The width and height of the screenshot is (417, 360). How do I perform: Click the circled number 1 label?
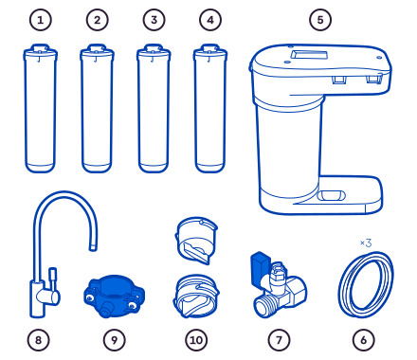41,20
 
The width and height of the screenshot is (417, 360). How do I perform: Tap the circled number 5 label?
320,20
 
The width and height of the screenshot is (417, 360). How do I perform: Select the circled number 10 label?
196,340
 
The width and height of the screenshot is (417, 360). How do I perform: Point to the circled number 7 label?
279,340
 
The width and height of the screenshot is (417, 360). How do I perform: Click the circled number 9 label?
115,340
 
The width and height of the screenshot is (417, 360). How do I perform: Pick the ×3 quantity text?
366,243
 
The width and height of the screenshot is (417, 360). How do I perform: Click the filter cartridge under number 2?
97,108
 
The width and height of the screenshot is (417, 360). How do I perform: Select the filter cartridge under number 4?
210,108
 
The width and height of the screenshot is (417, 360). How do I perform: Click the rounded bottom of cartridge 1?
41,168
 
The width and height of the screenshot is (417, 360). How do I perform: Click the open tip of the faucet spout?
93,248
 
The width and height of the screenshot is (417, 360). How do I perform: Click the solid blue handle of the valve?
260,267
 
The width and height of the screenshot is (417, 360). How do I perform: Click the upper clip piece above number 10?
196,240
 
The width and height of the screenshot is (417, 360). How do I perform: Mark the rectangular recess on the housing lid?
309,55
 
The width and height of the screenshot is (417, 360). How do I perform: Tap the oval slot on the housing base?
331,195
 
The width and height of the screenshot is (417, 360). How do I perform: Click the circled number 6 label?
364,340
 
